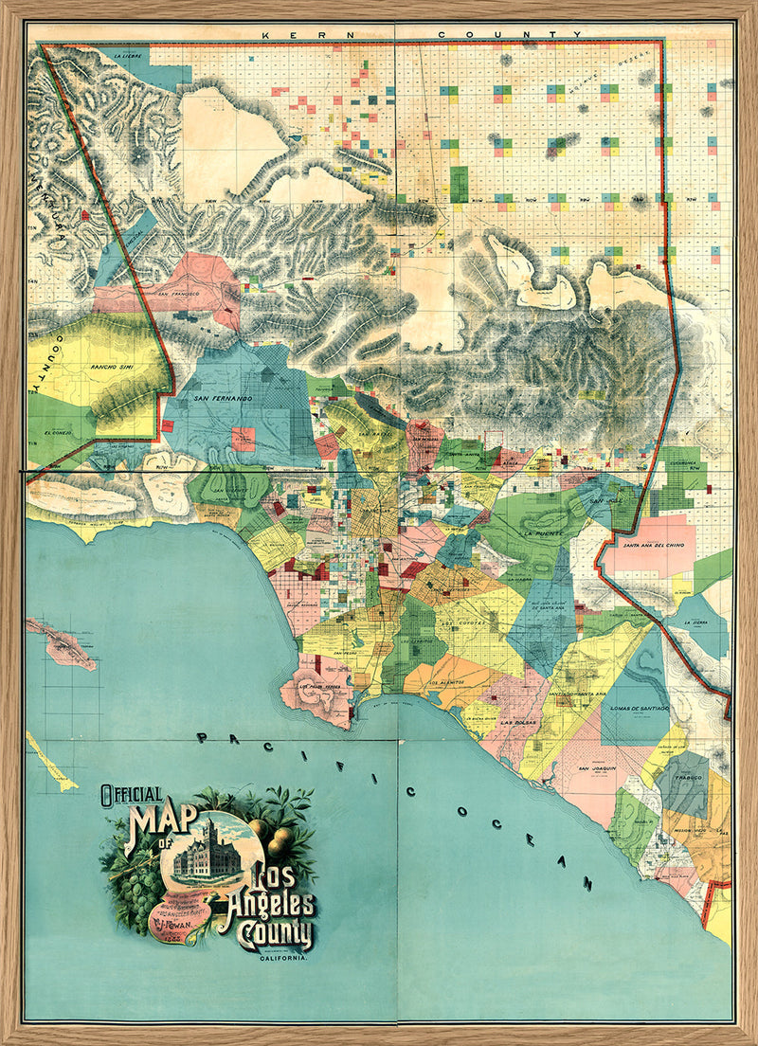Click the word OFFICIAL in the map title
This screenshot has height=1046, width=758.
coord(132,796)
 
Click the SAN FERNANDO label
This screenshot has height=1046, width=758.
coord(223,399)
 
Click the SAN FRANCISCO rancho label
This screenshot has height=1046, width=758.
coord(177,294)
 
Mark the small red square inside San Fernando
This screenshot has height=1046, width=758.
coord(244,439)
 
